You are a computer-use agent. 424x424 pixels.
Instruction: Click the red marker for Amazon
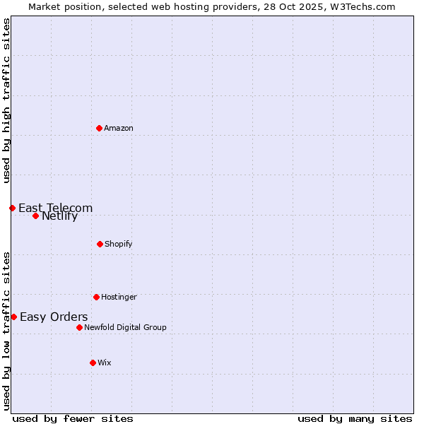click(99, 128)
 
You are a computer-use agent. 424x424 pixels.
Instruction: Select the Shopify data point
click(100, 244)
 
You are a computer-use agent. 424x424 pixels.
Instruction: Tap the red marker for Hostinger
click(96, 297)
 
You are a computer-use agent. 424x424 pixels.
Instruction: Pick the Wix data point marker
click(93, 363)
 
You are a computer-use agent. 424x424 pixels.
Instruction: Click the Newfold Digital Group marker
click(79, 327)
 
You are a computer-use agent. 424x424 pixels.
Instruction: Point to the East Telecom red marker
click(12, 208)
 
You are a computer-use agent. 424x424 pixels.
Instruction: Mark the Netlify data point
click(35, 216)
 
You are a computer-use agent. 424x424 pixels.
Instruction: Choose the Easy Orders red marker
click(13, 317)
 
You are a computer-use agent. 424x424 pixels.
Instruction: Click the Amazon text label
click(119, 128)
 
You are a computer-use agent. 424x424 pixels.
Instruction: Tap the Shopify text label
click(118, 244)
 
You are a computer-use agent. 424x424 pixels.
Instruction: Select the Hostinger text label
click(119, 297)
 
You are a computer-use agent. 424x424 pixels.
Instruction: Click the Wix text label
click(105, 363)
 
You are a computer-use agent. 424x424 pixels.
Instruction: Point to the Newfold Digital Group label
click(125, 327)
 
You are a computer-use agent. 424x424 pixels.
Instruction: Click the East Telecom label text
click(55, 208)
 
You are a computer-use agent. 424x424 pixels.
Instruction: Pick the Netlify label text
click(59, 216)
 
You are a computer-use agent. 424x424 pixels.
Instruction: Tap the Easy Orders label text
click(54, 317)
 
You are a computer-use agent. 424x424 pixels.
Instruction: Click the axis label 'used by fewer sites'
click(73, 418)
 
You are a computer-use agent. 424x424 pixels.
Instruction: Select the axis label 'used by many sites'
click(355, 418)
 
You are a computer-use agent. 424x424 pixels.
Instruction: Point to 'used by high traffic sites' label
click(6, 100)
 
